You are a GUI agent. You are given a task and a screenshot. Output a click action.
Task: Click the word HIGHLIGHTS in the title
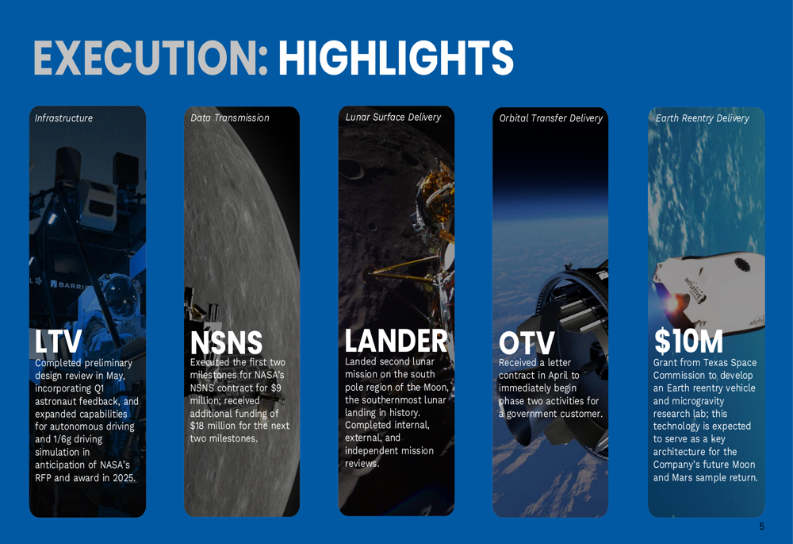coord(396,57)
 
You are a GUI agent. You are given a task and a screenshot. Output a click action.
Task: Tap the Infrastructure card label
coord(63,118)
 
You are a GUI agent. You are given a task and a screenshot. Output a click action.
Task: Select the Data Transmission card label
coord(230,118)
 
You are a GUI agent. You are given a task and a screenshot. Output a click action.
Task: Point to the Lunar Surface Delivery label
coord(393,117)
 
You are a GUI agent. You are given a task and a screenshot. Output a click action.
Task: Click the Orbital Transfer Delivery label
coord(551,118)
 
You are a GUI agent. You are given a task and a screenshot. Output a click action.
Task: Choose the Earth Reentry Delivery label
coord(703,118)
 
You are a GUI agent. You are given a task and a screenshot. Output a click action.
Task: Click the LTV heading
coord(58,342)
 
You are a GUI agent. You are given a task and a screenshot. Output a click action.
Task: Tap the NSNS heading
coord(226,343)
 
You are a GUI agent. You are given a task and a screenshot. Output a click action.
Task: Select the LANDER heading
coord(396,341)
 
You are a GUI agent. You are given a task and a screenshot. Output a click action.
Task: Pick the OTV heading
coord(527,343)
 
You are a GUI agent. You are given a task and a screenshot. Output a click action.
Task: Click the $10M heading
coord(688,341)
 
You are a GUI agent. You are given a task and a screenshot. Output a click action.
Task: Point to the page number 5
coord(761,527)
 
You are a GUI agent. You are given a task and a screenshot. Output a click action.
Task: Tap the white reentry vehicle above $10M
coord(708,290)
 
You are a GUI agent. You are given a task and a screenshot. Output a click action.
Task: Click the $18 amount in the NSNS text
coord(197,426)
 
